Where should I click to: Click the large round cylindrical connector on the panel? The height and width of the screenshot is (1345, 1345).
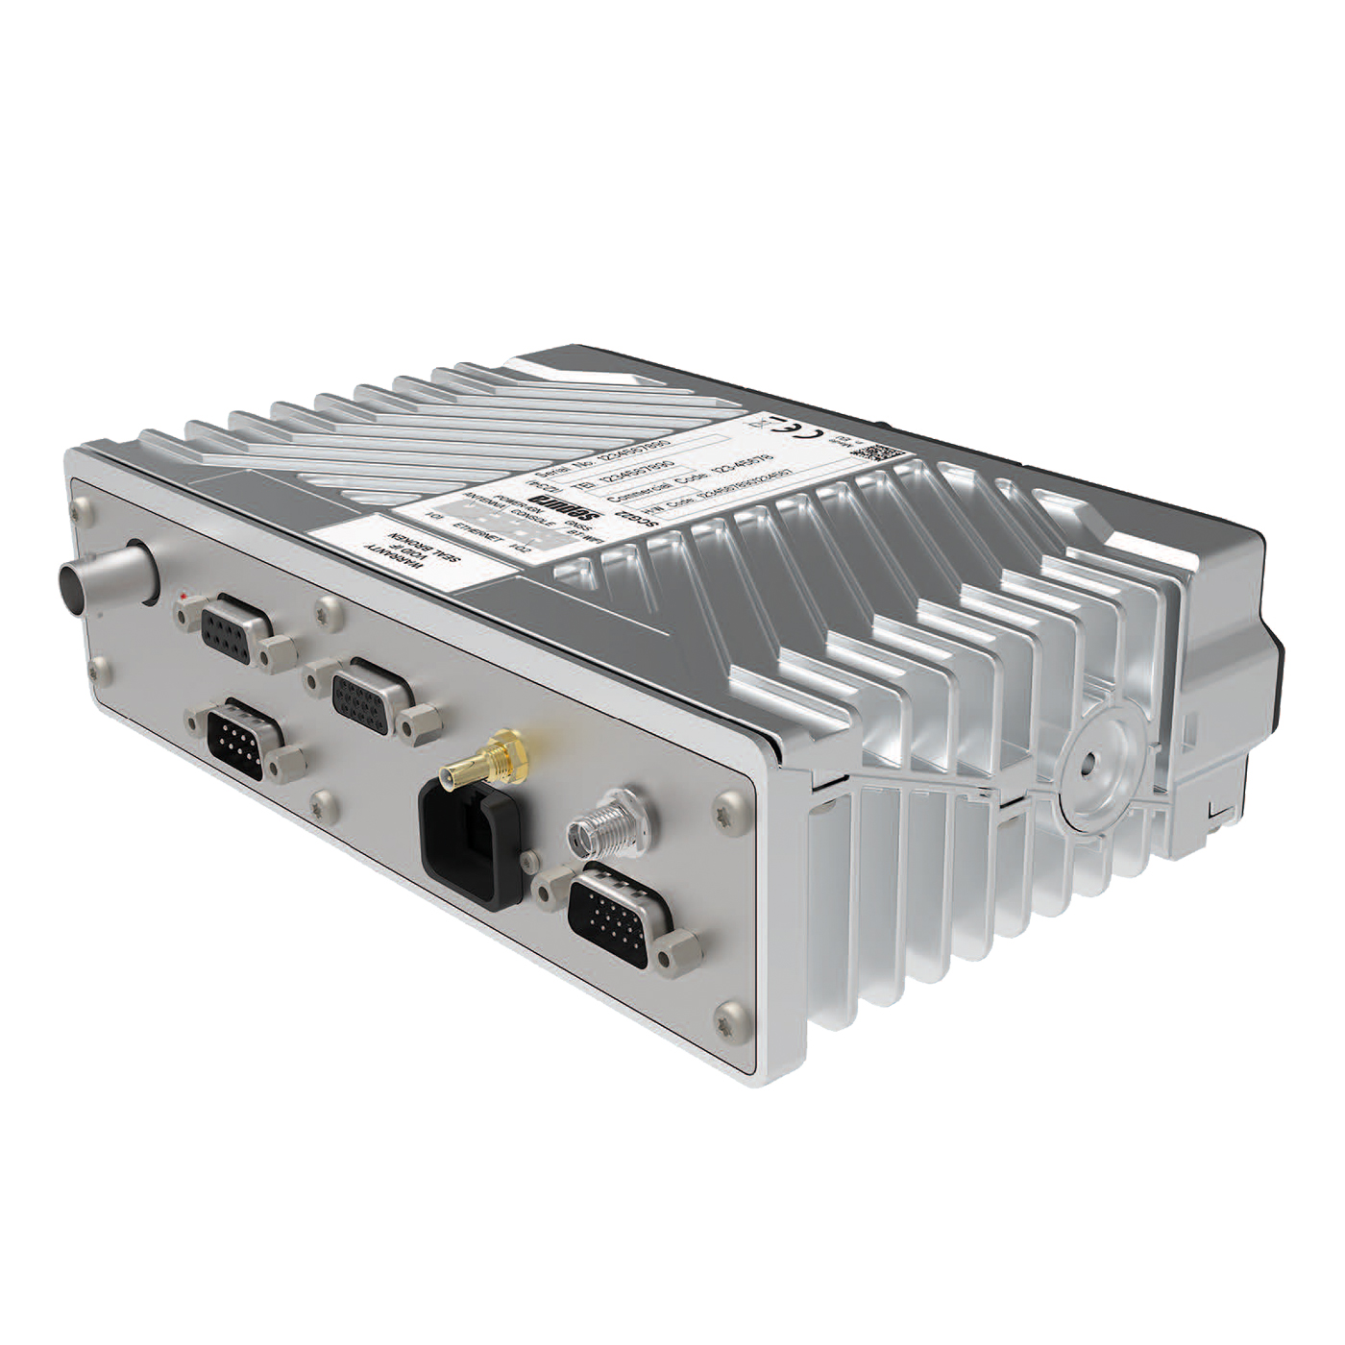coord(107,577)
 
